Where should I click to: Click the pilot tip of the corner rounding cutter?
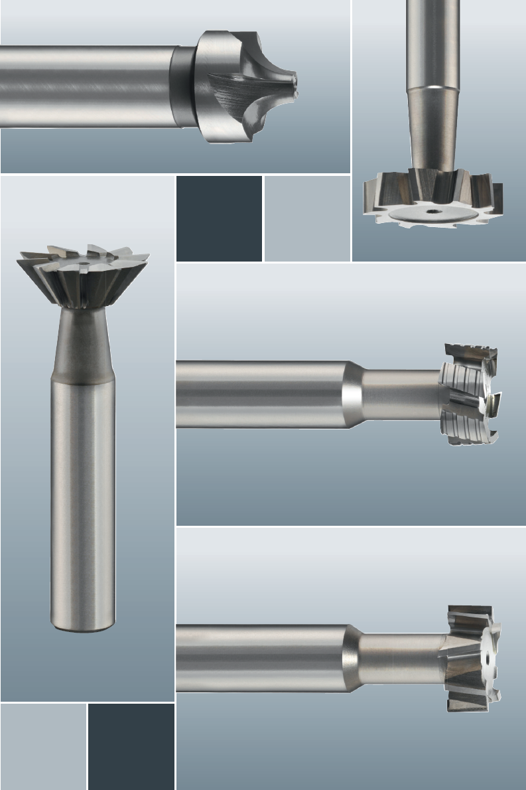pyautogui.click(x=293, y=82)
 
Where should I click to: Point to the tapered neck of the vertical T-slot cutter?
pyautogui.click(x=432, y=133)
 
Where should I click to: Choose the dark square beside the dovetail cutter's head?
pyautogui.click(x=219, y=218)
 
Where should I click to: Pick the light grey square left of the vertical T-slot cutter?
pyautogui.click(x=307, y=218)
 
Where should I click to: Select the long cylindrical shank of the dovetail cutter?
pyautogui.click(x=83, y=498)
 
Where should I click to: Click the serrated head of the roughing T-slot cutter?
pyautogui.click(x=471, y=396)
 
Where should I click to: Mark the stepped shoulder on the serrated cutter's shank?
pyautogui.click(x=352, y=395)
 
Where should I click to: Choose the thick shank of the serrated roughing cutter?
pyautogui.click(x=259, y=395)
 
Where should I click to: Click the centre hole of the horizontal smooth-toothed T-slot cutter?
pyautogui.click(x=486, y=661)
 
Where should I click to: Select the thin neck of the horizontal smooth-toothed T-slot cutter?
pyautogui.click(x=398, y=659)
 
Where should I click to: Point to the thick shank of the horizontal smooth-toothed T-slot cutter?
pyautogui.click(x=259, y=658)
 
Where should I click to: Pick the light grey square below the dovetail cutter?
pyautogui.click(x=43, y=746)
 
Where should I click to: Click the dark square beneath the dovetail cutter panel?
pyautogui.click(x=131, y=746)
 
